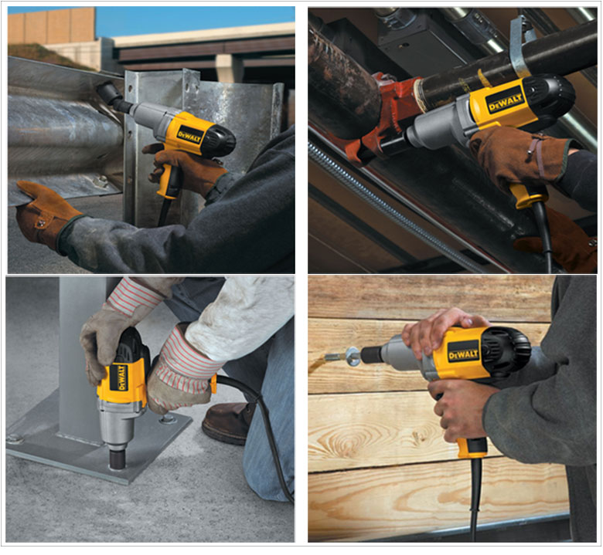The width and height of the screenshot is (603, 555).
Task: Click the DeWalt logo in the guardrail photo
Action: click(189, 135)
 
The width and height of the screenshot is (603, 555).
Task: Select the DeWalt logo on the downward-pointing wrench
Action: click(121, 378)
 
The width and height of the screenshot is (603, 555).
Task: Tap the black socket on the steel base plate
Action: click(118, 459)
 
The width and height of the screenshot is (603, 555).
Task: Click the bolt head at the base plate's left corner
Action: click(15, 438)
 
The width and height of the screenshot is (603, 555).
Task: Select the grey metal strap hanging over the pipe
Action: click(520, 46)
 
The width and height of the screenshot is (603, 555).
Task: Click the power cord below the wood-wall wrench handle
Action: click(475, 499)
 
